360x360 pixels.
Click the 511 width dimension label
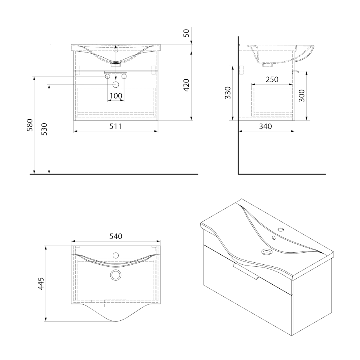[116, 126]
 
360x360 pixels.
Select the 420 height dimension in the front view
[186, 85]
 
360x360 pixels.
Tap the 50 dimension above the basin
[186, 33]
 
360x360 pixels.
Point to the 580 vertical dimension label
[30, 125]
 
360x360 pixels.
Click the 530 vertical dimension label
[44, 129]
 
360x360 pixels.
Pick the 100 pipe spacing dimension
[116, 96]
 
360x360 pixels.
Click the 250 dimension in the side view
[272, 80]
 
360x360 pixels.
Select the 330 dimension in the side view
[228, 93]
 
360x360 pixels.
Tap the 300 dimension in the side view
[302, 96]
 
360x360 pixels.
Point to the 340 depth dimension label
[266, 126]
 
